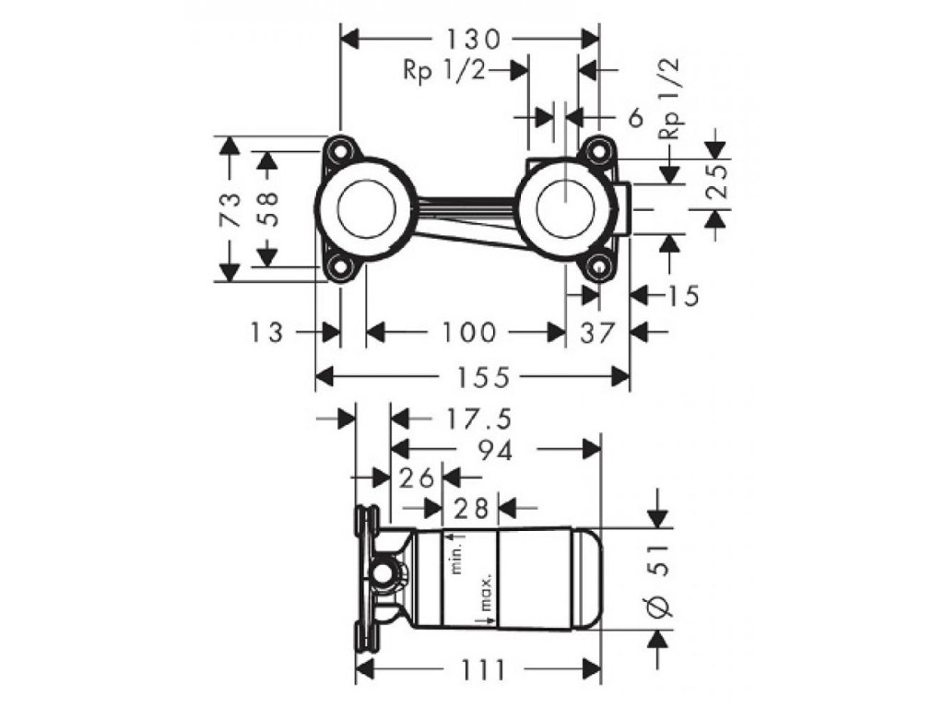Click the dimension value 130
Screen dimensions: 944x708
tap(473, 39)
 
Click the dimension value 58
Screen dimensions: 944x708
tap(267, 209)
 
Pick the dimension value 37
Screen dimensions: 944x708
tap(596, 332)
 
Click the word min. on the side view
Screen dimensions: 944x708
tap(454, 556)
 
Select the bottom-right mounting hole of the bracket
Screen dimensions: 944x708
tap(600, 266)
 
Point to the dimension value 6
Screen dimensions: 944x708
tap(634, 117)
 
